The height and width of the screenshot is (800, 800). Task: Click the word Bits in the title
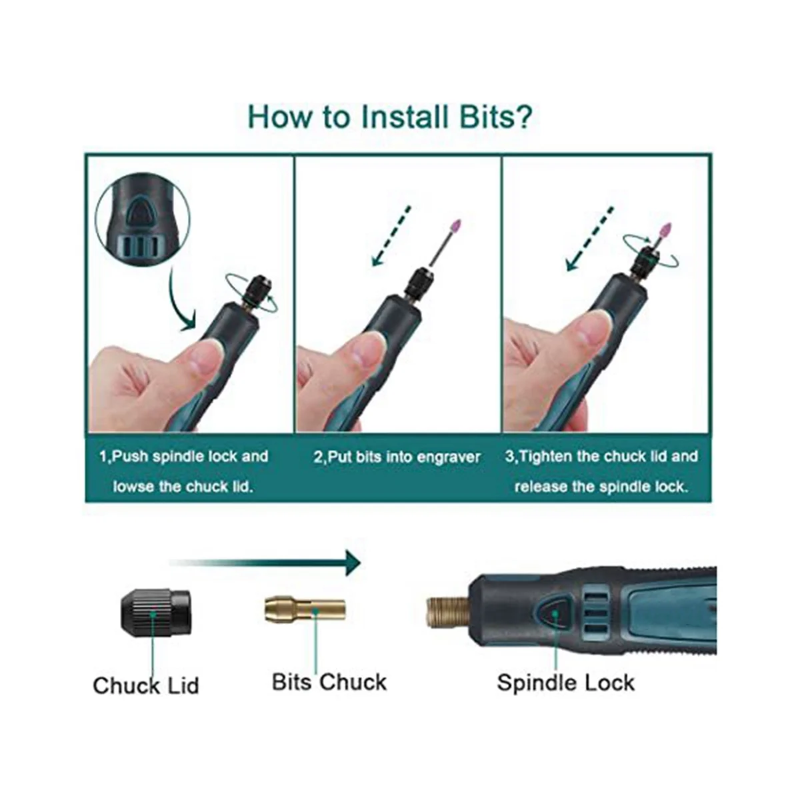[x=494, y=117]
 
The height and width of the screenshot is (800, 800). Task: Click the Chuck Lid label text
[x=146, y=685]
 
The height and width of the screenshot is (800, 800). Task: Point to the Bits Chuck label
[x=329, y=682]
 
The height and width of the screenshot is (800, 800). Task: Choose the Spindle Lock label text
[x=566, y=683]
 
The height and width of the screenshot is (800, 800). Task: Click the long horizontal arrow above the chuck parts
[x=265, y=563]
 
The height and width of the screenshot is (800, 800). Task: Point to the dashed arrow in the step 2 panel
[x=391, y=236]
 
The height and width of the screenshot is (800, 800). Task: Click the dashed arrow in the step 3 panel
[x=589, y=239]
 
